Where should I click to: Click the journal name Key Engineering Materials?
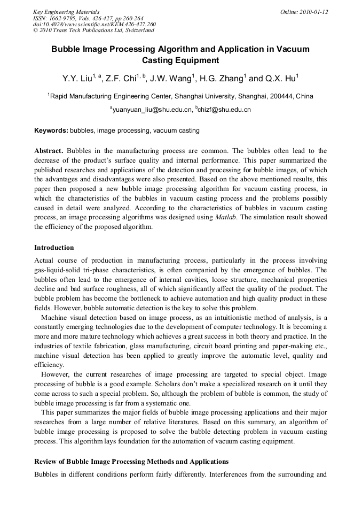[x=66, y=12]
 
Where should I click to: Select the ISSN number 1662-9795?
[x=61, y=18]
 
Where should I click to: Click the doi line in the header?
[x=95, y=24]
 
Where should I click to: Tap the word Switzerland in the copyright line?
[x=141, y=30]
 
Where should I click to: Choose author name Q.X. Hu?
[x=279, y=79]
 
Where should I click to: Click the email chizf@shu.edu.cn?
[x=225, y=110]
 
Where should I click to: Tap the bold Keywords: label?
[x=51, y=131]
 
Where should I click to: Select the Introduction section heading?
[x=54, y=248]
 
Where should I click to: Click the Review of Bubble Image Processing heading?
[x=131, y=462]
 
